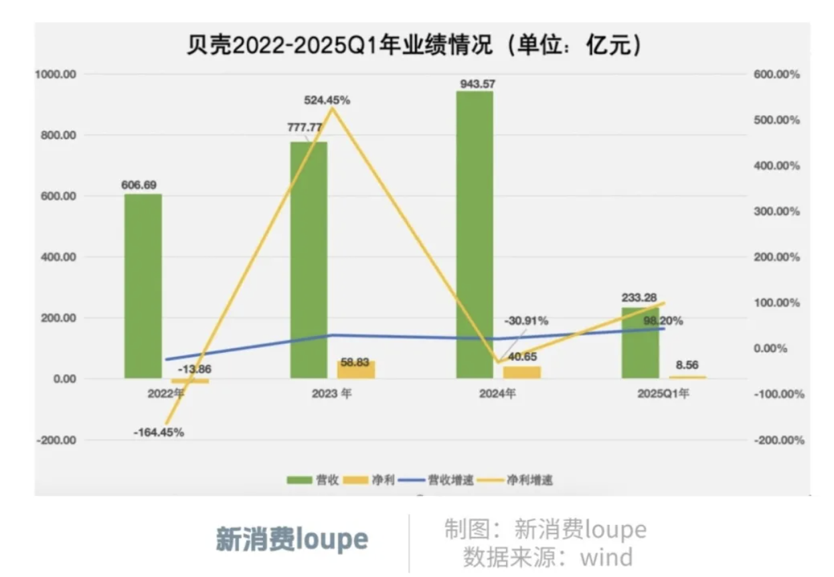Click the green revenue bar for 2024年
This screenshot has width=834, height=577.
pos(475,234)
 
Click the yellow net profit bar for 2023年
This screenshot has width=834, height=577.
pos(356,369)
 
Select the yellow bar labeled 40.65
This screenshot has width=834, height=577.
pos(521,372)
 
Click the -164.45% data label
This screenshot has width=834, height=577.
pos(159,432)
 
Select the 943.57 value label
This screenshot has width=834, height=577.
pos(477,84)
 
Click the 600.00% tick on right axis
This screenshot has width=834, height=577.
pos(776,74)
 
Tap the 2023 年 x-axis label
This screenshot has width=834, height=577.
pos(331,394)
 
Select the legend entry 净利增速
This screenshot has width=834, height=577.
pos(519,480)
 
